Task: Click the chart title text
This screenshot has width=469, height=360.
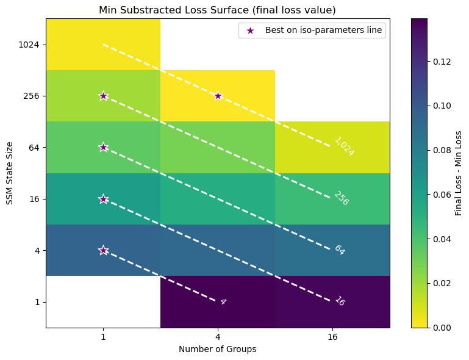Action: point(218,10)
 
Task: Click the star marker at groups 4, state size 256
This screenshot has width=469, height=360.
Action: point(218,96)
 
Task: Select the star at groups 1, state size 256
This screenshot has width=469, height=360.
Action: point(103,96)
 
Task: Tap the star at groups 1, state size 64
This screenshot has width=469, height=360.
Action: point(103,147)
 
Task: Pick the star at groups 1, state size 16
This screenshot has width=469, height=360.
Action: point(103,199)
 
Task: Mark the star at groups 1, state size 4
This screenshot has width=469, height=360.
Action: point(103,250)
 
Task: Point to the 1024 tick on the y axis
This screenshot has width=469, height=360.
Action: point(29,45)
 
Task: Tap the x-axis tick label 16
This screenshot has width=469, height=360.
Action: point(332,336)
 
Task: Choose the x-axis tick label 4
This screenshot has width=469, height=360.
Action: point(218,336)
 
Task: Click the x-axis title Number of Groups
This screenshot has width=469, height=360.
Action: point(218,349)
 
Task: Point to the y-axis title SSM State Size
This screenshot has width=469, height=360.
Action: point(10,173)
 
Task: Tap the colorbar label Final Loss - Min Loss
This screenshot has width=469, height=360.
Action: point(458,173)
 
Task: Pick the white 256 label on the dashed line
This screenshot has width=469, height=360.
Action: point(341,198)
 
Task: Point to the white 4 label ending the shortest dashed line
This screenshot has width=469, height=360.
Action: point(223,301)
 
